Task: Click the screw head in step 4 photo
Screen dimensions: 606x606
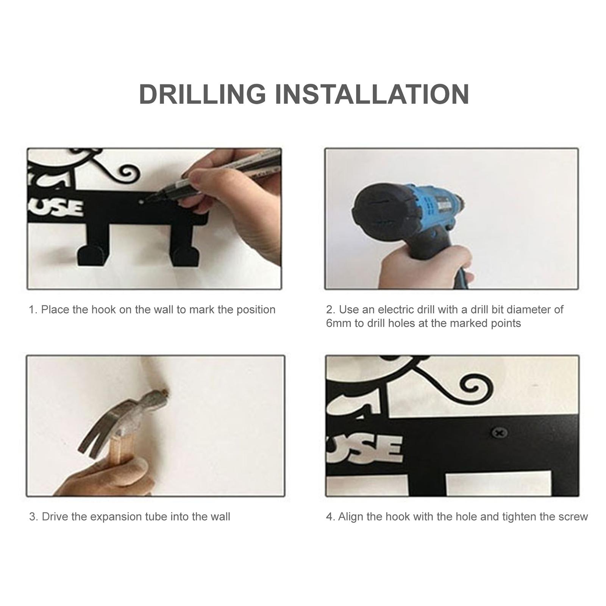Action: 499,433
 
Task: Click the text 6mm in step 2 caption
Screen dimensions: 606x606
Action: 339,323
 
